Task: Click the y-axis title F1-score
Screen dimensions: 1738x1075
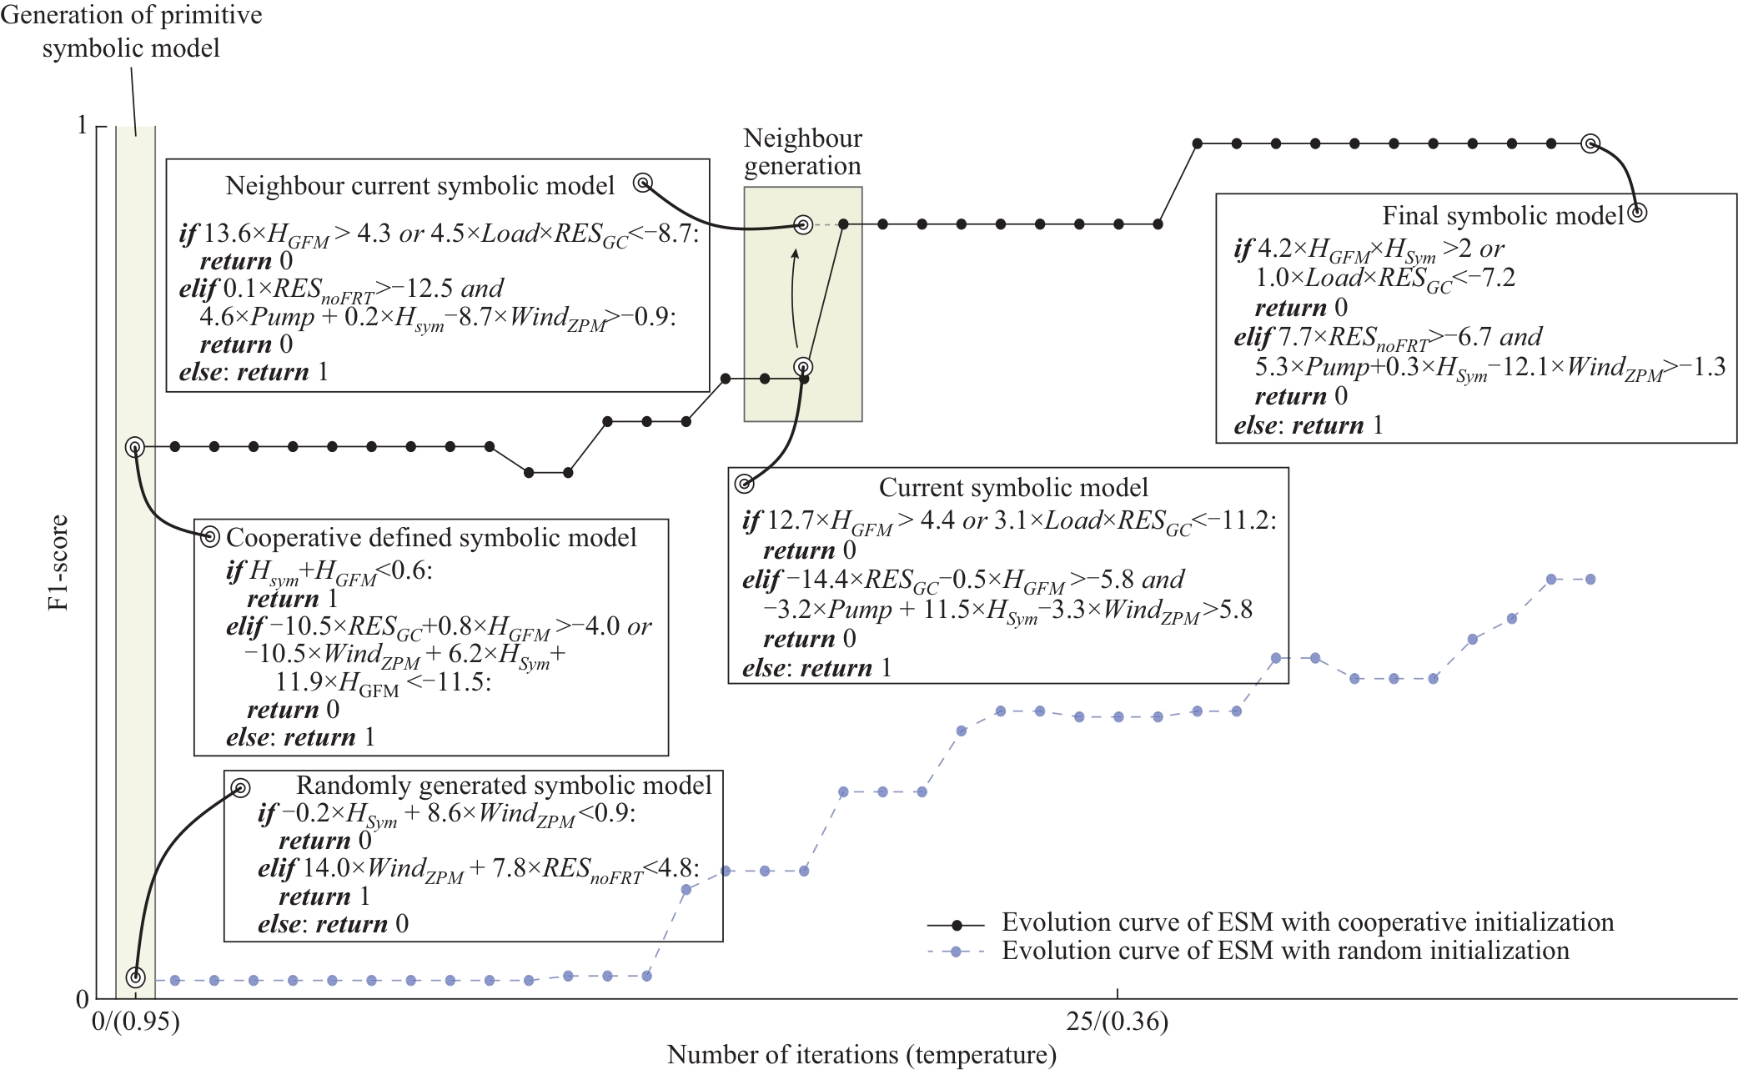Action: coord(58,562)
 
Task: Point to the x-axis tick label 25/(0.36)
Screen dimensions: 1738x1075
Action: coord(1117,1021)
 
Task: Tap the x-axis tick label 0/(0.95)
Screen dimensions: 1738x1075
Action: coord(135,1021)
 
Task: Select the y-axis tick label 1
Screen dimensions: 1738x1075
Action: coord(82,125)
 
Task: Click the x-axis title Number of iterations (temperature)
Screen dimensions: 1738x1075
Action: coord(861,1055)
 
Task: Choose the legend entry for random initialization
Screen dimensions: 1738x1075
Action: coord(1248,951)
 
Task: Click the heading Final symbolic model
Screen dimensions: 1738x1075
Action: coord(1503,216)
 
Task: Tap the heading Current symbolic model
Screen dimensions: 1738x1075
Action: coord(1013,487)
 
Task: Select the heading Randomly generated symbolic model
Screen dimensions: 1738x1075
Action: coord(504,785)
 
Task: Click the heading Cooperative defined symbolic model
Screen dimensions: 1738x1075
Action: coord(431,537)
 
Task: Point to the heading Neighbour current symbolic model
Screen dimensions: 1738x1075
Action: coord(419,185)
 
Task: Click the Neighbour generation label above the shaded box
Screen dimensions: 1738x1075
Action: coord(802,152)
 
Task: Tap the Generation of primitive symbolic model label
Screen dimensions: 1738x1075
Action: coord(131,32)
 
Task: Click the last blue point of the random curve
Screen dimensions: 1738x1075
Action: coord(1590,579)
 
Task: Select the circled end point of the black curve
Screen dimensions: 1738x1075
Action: coord(1590,143)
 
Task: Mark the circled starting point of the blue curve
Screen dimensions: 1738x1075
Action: coord(135,977)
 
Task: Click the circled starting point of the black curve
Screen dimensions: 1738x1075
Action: coord(135,447)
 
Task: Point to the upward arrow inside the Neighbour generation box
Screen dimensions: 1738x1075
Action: coord(793,298)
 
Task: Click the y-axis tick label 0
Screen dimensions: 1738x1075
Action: coord(82,998)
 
